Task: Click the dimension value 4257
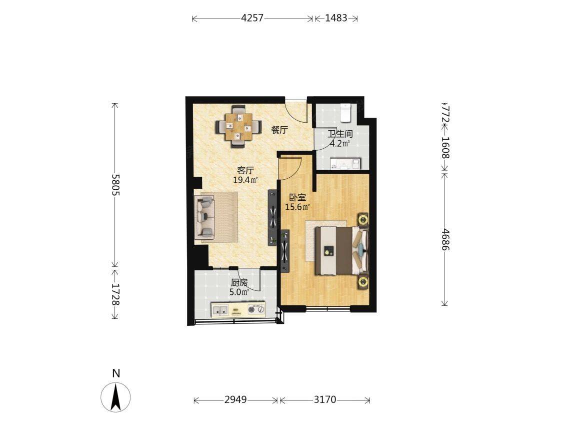click(x=252, y=18)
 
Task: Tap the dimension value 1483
click(x=336, y=18)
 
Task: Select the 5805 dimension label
click(x=115, y=185)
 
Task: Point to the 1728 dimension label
click(x=115, y=294)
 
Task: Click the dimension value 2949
click(x=235, y=399)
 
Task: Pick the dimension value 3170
click(x=324, y=399)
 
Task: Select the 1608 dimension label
click(x=445, y=147)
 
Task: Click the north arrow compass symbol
click(x=115, y=397)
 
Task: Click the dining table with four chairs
click(x=238, y=127)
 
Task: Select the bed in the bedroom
click(x=341, y=250)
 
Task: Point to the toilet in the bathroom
click(x=345, y=112)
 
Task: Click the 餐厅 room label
click(x=279, y=130)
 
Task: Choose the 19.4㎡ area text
click(x=246, y=180)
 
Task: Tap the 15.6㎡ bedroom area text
click(x=297, y=207)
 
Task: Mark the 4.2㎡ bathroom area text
click(x=340, y=144)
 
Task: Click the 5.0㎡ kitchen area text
click(x=239, y=292)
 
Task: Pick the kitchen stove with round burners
click(x=256, y=309)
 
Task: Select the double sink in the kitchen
click(x=220, y=309)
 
